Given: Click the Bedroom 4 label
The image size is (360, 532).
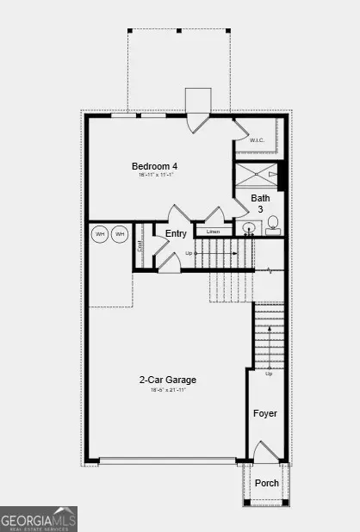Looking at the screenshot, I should click(156, 166).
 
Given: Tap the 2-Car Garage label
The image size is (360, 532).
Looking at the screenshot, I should click(167, 380).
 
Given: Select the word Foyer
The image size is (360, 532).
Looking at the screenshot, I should click(265, 414).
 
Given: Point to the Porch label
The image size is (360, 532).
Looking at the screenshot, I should click(267, 483).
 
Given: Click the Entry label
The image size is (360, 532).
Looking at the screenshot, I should click(176, 233).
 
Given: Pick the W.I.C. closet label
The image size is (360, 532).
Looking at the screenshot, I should click(257, 139).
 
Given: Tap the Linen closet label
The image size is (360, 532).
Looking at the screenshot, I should click(213, 232).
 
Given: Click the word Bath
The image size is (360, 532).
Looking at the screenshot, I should click(260, 198).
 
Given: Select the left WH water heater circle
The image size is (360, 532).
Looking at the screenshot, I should click(100, 234).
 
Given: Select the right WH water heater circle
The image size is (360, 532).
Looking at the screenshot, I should click(119, 234).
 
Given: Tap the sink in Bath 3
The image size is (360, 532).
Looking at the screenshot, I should click(248, 229).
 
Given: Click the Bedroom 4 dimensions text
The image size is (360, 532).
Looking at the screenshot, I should click(156, 176).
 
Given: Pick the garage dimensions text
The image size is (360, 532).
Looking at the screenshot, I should click(167, 390).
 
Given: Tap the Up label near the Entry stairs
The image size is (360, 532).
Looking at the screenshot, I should click(189, 253).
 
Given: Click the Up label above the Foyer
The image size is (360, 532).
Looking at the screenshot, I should click(269, 373).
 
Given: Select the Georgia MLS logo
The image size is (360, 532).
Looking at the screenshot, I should click(39, 518).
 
